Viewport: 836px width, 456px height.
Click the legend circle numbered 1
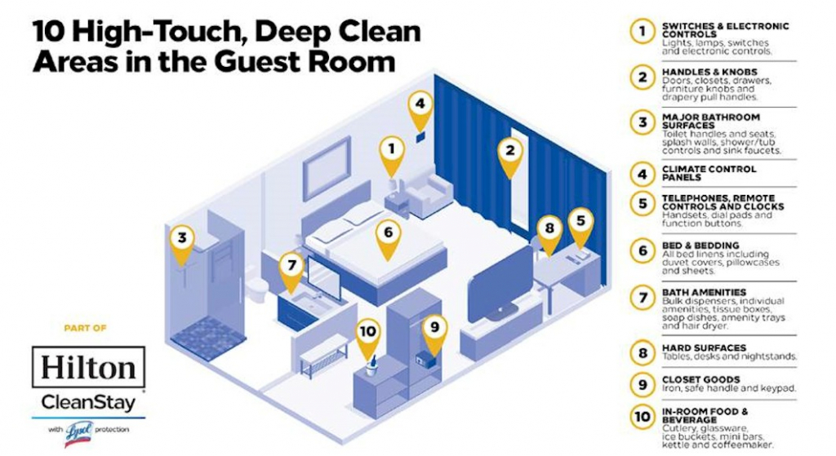pos(643,32)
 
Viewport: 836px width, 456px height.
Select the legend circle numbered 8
pos(643,352)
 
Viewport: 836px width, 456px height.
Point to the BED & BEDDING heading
pos(700,245)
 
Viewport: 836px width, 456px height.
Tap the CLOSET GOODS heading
pos(701,379)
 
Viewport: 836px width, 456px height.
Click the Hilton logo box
pos(89,367)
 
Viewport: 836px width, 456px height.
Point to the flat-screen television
pos(498,281)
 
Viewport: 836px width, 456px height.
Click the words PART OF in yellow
pos(87,328)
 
